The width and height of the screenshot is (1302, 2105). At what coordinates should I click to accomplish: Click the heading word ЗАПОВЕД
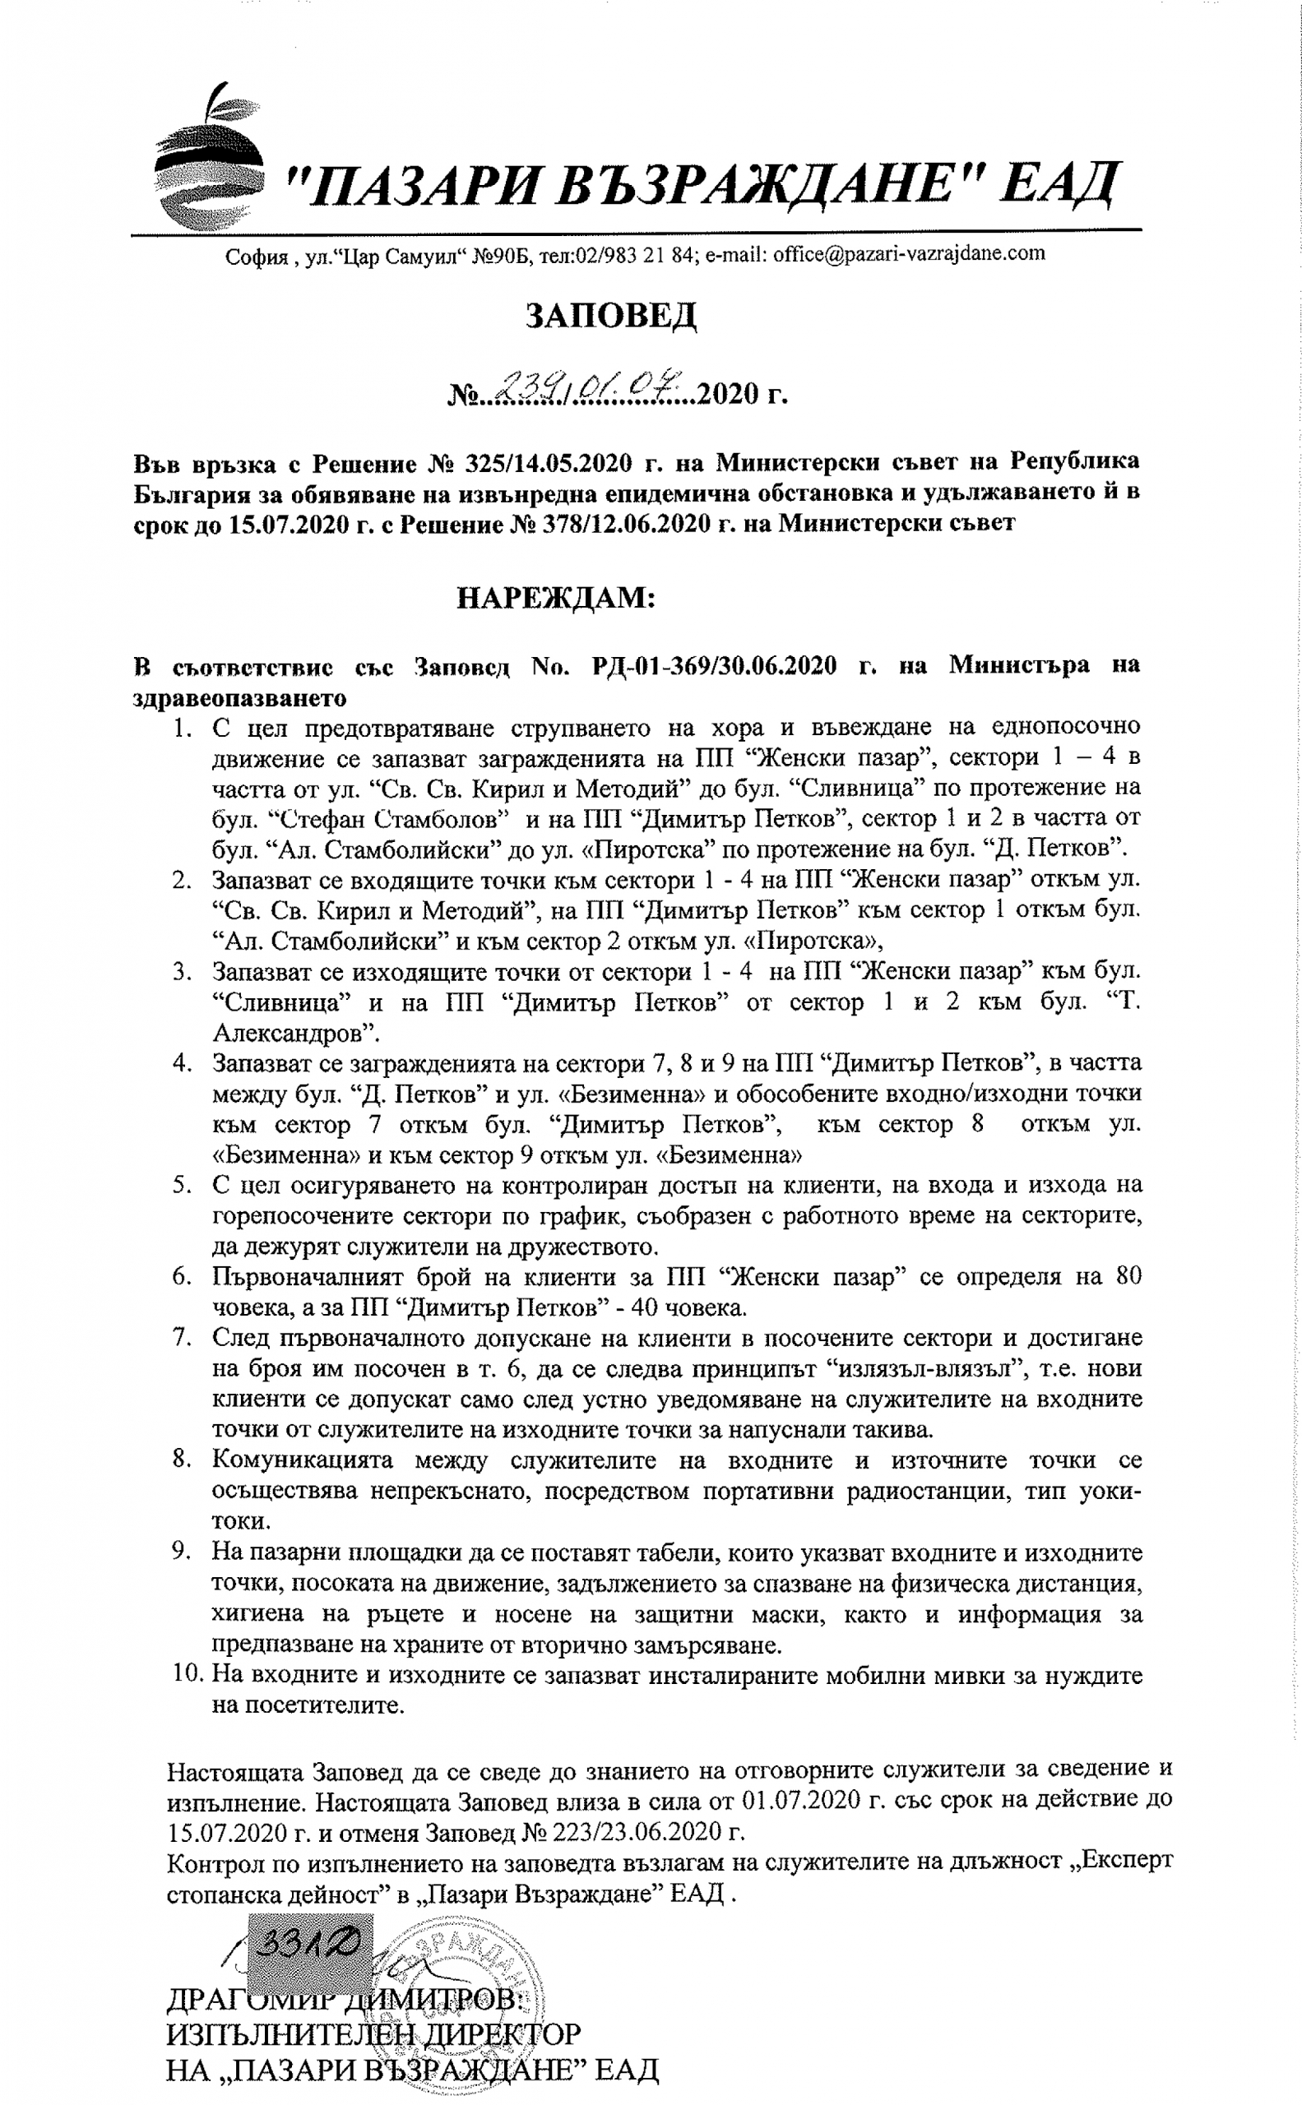coord(610,316)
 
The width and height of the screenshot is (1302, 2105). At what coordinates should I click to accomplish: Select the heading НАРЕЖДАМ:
coord(555,598)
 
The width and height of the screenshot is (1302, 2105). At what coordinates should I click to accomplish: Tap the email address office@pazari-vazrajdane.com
coord(909,254)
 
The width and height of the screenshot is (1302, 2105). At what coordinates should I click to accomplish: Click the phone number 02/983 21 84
coord(636,255)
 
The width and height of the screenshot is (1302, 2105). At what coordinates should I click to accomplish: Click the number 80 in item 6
coord(1127,1276)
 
